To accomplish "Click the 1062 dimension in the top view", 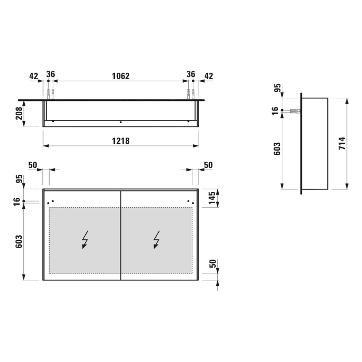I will [120, 76].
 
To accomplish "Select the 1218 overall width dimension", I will [120, 140].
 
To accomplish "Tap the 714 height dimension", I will [341, 143].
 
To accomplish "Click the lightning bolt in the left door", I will [85, 239].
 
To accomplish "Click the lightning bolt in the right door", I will [157, 239].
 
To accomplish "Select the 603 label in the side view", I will [277, 150].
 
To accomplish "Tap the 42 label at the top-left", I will [34, 76].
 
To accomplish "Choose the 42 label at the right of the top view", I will [208, 76].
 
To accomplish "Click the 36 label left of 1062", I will [51, 74].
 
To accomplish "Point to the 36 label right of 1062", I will [191, 74].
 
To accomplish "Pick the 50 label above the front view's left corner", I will [33, 165].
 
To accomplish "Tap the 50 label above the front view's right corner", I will [208, 165].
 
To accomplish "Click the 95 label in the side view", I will [277, 89].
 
